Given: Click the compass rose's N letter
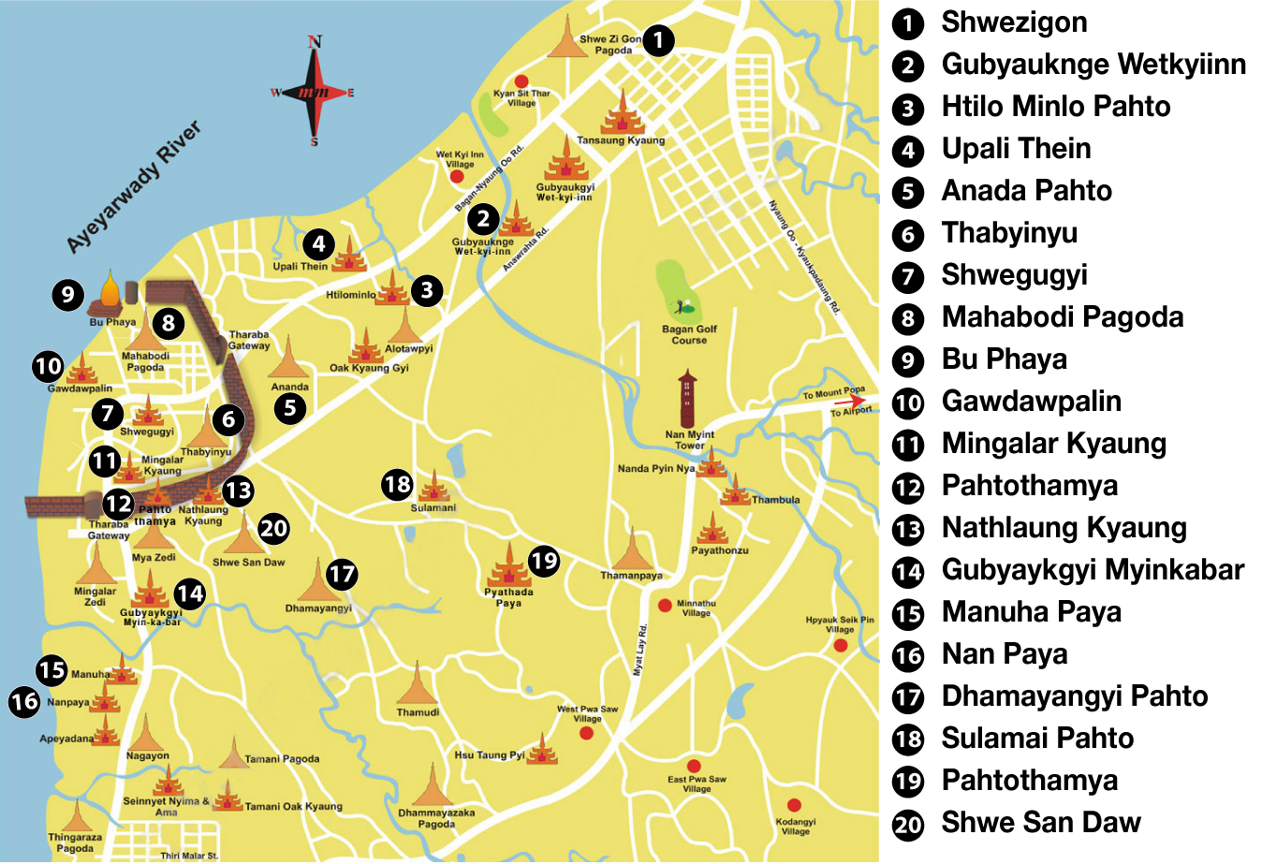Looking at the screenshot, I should pos(315,42).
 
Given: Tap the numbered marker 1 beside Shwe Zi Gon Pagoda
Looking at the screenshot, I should pos(658,39).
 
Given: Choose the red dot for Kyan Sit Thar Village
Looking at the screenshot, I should pos(521,81).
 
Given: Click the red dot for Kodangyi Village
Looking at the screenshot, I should pos(794,805).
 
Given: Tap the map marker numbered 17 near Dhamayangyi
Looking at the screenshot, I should pos(342,574).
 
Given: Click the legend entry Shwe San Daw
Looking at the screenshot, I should pos(1040,823).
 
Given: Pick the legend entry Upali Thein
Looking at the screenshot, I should pos(1016,149).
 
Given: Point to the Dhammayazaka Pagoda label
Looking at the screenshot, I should pos(436,818).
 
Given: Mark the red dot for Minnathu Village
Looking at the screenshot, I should pos(665,606).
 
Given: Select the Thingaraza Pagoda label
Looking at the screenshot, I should pos(75,842).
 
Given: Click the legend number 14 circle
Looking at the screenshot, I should pos(907,571).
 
